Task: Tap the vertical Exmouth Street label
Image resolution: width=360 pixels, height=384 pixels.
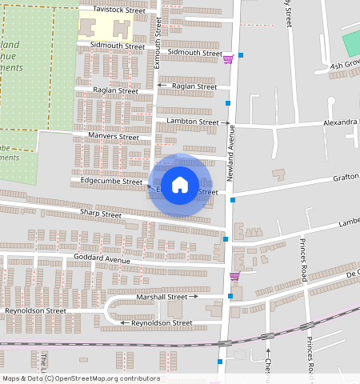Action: coord(158,45)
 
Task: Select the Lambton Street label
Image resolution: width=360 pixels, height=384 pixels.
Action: coord(192,122)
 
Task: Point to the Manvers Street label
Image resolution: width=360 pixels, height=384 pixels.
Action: coord(113,137)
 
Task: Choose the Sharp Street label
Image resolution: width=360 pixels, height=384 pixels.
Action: coord(101,214)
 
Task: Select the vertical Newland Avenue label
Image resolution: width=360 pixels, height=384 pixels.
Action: coord(230,152)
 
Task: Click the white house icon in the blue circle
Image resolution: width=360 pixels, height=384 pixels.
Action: coord(181,185)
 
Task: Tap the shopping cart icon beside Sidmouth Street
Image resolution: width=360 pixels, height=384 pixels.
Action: coord(228,58)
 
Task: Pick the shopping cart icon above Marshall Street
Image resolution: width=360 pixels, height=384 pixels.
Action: coord(234,276)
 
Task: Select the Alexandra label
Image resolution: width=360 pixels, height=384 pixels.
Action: coord(340,123)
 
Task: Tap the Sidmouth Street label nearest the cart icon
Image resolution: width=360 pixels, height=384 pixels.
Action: coord(194,53)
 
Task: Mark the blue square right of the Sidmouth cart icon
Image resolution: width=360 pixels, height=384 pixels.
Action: coord(241,55)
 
